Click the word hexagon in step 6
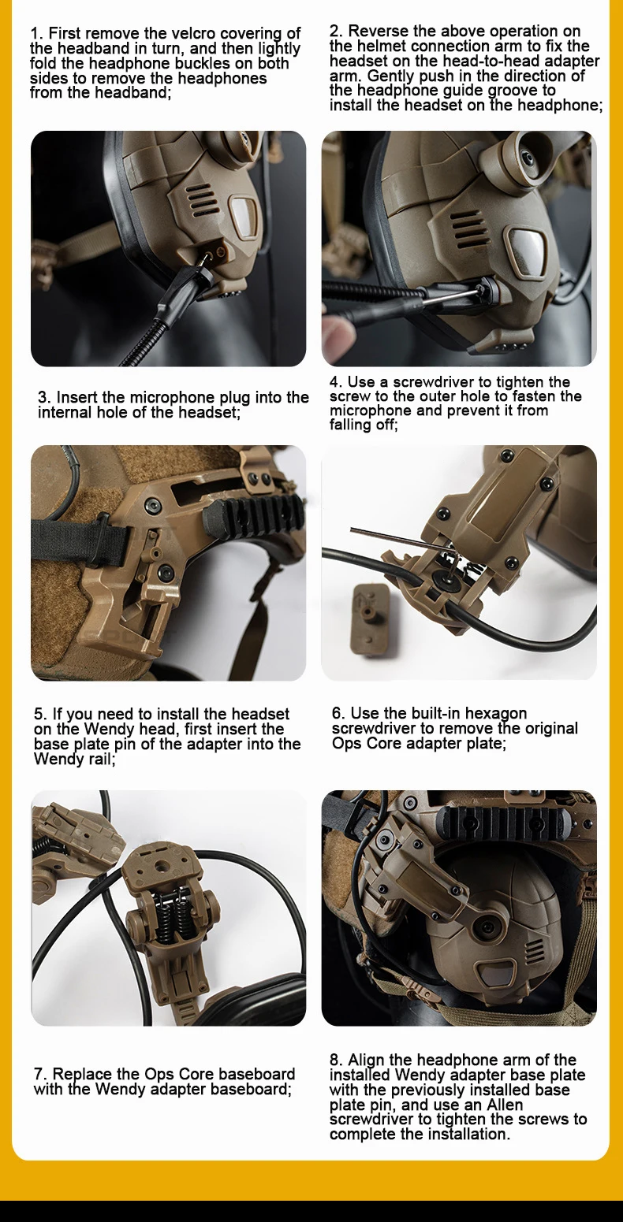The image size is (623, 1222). pos(495,714)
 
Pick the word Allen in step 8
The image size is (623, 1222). pos(505,1105)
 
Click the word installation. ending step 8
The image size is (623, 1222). pos(469,1135)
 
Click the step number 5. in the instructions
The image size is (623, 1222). pos(40,714)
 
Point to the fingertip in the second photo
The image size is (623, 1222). pos(337,329)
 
